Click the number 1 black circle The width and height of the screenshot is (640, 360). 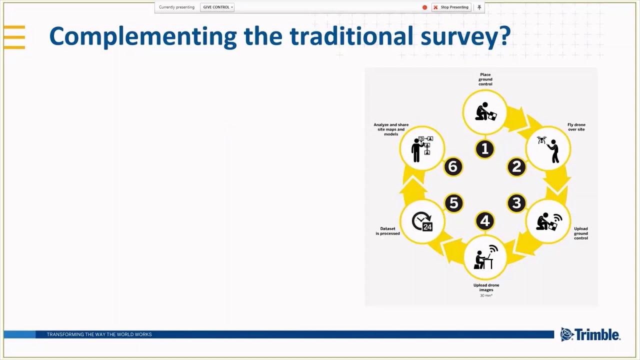[484, 149]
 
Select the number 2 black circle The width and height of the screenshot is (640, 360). [516, 167]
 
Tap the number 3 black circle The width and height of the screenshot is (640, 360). [516, 203]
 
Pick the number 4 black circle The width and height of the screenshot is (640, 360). [484, 220]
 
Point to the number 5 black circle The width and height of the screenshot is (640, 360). [453, 203]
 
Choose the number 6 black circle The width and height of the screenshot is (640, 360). [453, 167]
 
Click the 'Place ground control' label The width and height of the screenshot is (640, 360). [485, 79]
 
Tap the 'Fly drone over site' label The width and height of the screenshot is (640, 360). [576, 127]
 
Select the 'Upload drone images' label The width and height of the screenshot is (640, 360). [486, 287]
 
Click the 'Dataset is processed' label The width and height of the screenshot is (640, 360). [387, 231]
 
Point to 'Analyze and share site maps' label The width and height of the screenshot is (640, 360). [391, 129]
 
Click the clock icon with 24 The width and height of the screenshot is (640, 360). [422, 221]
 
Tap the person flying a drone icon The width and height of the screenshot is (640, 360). [548, 149]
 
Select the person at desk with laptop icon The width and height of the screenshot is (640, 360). [485, 257]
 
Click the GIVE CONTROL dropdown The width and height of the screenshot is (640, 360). [217, 7]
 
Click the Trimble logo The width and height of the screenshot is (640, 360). [590, 334]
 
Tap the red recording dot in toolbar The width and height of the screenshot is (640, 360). [425, 7]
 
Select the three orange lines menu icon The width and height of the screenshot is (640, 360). [14, 37]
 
